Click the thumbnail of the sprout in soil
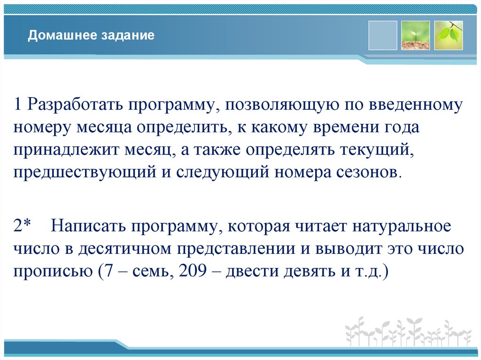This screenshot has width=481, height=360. pyautogui.click(x=415, y=35)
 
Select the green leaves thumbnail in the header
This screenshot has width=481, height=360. pyautogui.click(x=448, y=35)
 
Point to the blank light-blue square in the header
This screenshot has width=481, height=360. pyautogui.click(x=382, y=35)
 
